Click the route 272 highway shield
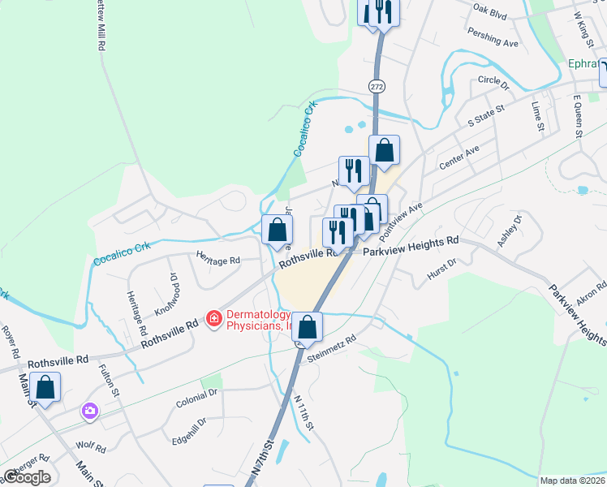376,85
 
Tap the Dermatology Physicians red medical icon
214,319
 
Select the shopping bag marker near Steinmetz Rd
308,327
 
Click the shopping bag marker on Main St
46,388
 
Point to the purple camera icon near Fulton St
88,412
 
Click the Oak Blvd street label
489,13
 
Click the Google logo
27,477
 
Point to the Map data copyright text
572,481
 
